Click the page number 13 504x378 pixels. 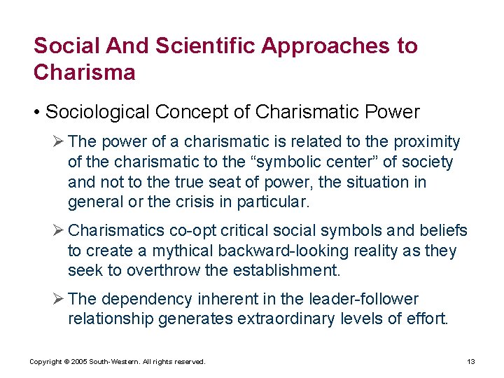pos(471,362)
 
